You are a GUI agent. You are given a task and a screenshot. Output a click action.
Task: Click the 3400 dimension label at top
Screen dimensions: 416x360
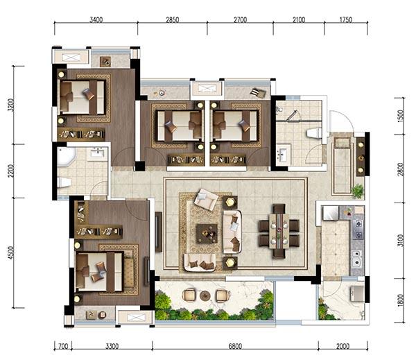tap(96, 19)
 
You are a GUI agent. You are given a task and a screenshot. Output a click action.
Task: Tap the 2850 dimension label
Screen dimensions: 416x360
tap(173, 19)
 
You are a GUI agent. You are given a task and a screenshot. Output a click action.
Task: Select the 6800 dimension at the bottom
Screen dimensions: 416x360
tap(235, 346)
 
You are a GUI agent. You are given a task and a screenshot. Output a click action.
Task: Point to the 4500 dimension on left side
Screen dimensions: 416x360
tap(11, 252)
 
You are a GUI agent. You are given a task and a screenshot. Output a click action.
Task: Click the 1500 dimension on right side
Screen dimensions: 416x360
tap(401, 116)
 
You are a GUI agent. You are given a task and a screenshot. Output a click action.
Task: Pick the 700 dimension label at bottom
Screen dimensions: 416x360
tap(63, 346)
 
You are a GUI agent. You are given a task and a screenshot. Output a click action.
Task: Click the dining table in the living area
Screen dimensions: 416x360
tap(279, 231)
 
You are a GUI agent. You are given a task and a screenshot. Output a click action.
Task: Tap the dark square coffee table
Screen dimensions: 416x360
tap(207, 234)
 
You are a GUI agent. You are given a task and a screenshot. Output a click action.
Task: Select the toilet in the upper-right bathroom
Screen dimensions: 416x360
tap(314, 133)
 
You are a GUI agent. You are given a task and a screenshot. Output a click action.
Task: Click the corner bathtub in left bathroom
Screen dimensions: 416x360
tap(66, 157)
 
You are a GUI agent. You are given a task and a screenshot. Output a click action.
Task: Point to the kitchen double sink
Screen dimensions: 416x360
tap(357, 258)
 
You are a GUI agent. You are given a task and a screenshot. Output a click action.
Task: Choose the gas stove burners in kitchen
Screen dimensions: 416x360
tap(358, 230)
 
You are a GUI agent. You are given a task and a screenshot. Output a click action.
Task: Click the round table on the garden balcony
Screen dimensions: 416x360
tap(205, 295)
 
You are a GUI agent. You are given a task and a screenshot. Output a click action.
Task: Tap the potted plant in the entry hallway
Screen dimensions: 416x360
tap(358, 191)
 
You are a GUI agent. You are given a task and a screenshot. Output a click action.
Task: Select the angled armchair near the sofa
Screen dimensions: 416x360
tap(206, 199)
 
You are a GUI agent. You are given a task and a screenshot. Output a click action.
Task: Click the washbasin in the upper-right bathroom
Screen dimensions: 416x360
tap(283, 153)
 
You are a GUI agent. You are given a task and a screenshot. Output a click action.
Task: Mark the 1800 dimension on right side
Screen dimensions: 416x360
tap(401, 300)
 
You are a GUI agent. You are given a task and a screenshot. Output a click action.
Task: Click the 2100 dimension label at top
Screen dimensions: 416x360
tap(299, 19)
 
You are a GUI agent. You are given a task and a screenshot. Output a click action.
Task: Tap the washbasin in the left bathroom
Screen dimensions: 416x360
tap(97, 153)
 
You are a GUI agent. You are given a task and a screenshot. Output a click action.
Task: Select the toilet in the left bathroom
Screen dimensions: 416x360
tap(64, 182)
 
